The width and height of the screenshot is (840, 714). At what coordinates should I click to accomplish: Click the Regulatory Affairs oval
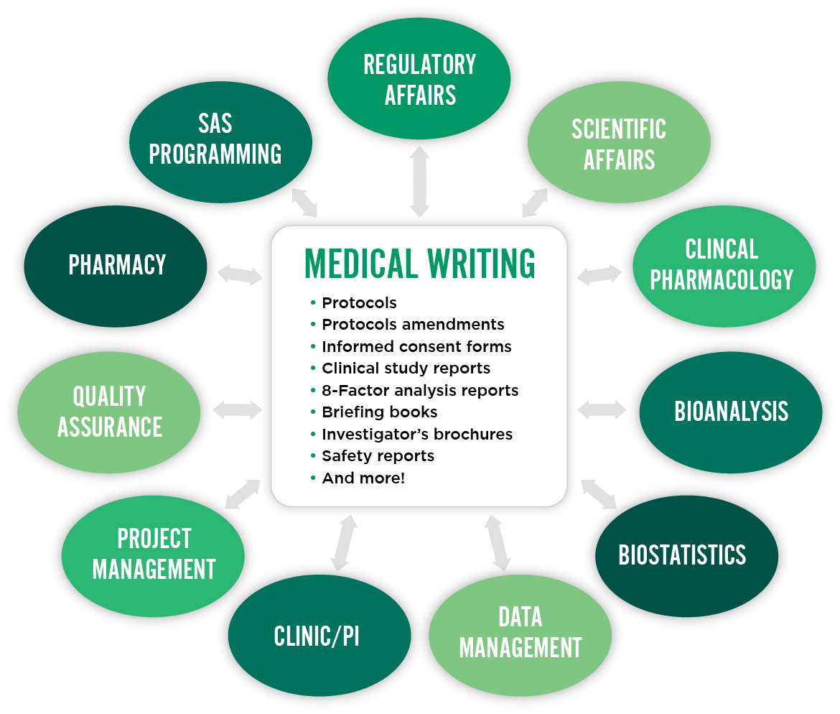coord(419,79)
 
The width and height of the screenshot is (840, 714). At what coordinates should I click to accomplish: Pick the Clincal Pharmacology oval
coord(721,264)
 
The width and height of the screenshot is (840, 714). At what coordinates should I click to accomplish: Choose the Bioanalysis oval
coord(731,411)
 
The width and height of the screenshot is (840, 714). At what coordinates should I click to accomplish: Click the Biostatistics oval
coord(682,555)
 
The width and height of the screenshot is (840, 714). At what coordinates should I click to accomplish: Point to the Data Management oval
coord(520,632)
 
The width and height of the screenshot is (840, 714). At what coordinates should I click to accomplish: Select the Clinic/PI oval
coord(317,636)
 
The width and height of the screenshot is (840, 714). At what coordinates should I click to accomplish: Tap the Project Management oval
coord(154,554)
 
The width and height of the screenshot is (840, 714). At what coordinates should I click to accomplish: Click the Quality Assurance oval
coord(109,411)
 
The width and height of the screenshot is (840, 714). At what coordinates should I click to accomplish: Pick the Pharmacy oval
coord(117,265)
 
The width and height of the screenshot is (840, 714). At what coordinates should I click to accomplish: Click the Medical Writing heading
coord(420,264)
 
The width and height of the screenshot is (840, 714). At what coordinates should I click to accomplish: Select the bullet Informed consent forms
coord(416,346)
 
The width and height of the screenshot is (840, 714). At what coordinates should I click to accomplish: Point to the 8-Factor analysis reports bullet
coord(420,391)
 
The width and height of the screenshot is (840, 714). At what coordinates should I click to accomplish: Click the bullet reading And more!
coord(363,478)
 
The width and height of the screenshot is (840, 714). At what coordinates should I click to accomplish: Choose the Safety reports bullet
coord(378,455)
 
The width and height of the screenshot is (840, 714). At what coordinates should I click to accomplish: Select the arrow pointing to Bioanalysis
coord(602,410)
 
